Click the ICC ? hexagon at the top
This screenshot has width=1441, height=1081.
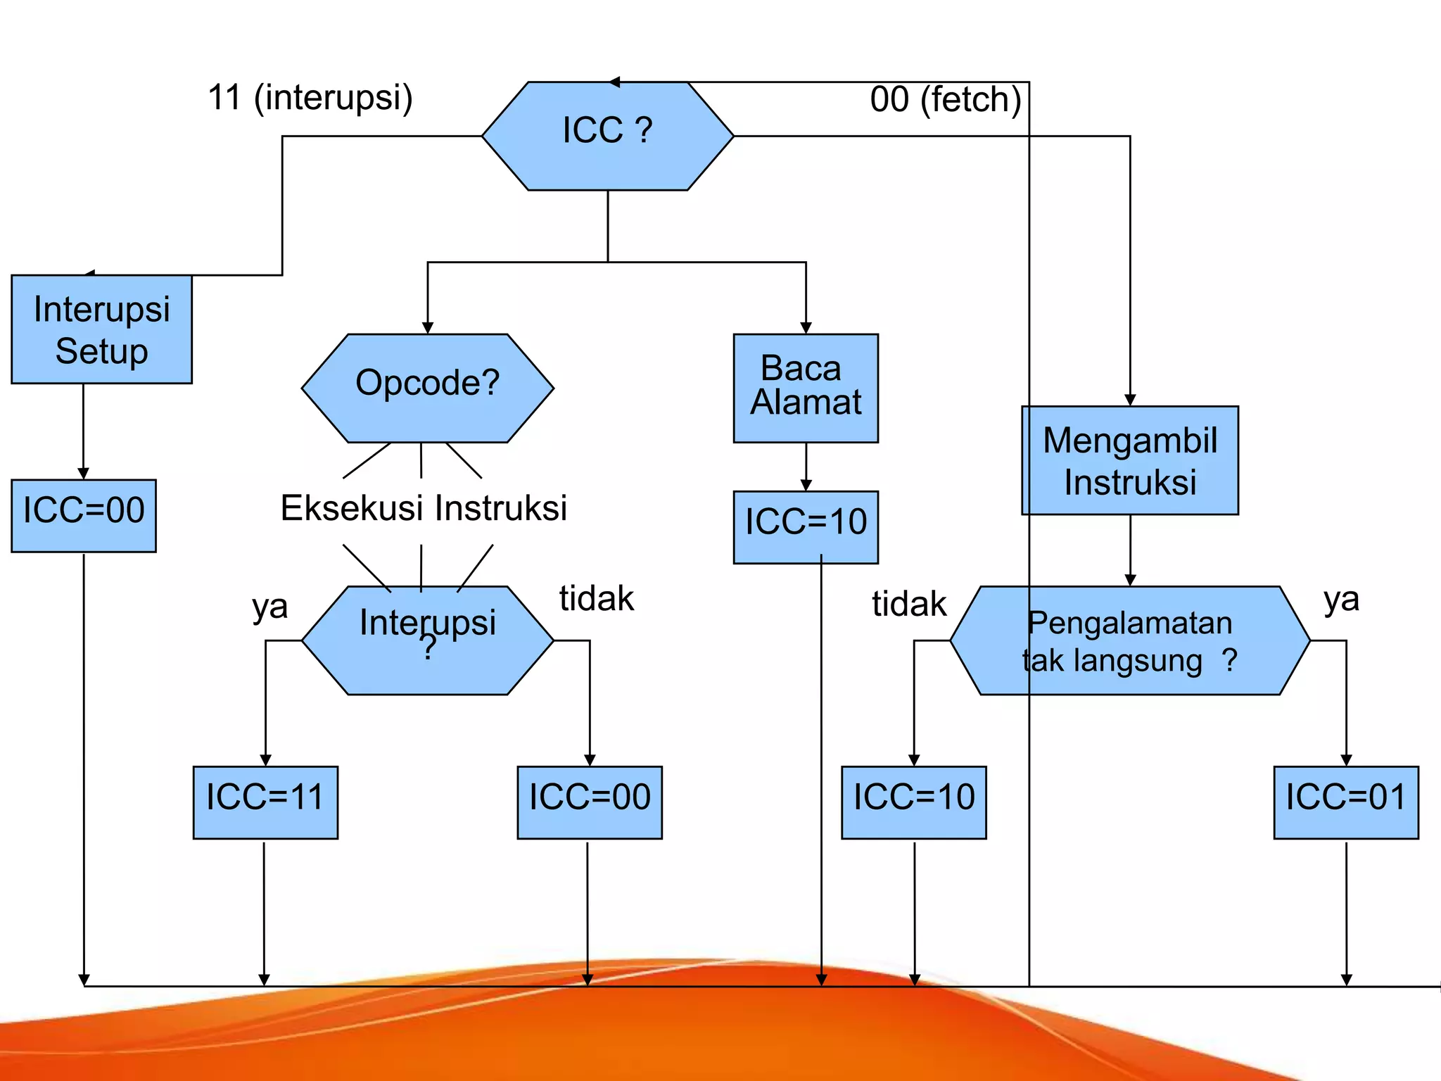(607, 136)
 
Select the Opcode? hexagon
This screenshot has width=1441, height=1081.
(427, 388)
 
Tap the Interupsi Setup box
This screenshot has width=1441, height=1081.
(101, 329)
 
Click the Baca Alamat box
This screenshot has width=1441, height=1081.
(806, 388)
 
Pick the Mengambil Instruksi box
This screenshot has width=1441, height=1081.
(1129, 460)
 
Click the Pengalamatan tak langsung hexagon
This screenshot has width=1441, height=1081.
(1129, 640)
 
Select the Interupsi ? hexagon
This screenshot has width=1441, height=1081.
(427, 640)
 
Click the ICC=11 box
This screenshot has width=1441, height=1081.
(265, 802)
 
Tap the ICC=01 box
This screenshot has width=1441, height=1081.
(1345, 802)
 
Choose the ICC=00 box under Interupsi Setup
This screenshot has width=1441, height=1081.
(83, 515)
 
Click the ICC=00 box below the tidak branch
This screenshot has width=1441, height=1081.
(590, 802)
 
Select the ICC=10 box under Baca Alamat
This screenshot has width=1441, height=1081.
(806, 526)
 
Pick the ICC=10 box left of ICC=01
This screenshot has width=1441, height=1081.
(913, 802)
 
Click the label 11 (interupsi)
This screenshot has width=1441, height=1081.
(310, 97)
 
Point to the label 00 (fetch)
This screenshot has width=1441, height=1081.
(945, 99)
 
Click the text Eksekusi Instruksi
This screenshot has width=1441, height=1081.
(424, 508)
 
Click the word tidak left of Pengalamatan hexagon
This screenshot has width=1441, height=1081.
(909, 604)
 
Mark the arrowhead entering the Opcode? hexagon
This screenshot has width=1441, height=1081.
(427, 328)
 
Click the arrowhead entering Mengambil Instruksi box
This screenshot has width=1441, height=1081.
(1130, 400)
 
